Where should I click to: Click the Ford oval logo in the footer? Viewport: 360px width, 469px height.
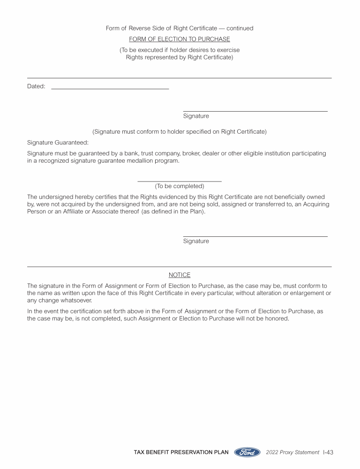point(247,453)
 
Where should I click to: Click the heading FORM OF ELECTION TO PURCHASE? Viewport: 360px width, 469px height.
point(180,39)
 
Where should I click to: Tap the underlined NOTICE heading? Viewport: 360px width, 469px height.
point(180,275)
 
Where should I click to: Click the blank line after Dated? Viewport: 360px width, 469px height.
point(110,88)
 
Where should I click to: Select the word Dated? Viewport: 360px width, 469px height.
point(36,86)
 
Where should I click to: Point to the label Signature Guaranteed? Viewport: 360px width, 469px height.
point(58,143)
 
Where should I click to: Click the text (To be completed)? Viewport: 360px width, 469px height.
point(180,186)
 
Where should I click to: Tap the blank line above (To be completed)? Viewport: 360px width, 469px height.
point(180,181)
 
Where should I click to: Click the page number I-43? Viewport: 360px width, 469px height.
point(328,453)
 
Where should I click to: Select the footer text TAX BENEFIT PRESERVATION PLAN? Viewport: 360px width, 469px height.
point(181,453)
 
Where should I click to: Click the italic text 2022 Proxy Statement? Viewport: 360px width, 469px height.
point(292,453)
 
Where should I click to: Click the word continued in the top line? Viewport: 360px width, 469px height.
point(240,28)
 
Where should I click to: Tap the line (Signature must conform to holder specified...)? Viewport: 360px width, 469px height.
point(180,132)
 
